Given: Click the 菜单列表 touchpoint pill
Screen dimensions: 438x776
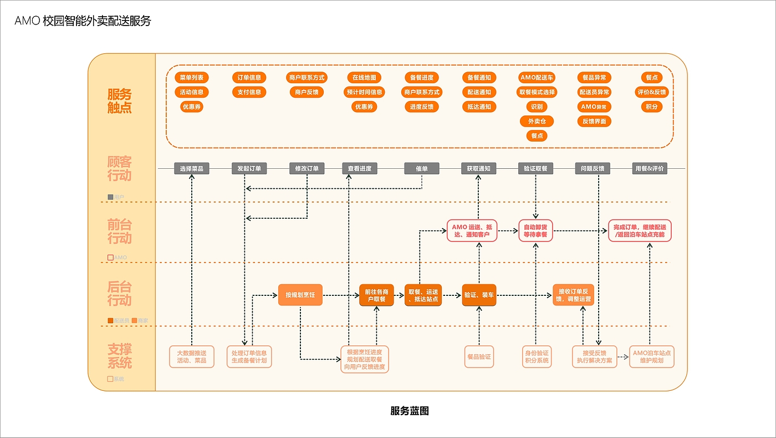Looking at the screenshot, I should tap(192, 77).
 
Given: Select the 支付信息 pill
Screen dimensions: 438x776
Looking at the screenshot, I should tap(249, 92).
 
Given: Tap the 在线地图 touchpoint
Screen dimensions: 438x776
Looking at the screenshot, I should tap(364, 77).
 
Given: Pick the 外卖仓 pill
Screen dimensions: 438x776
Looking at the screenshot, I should tap(537, 121).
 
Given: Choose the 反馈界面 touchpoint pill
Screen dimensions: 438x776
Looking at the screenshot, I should tap(594, 121).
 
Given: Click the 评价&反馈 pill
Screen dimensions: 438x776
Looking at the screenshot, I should tap(651, 92).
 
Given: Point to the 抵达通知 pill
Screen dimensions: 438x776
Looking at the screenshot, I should tap(479, 107).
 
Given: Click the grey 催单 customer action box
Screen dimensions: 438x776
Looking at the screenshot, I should tap(422, 168).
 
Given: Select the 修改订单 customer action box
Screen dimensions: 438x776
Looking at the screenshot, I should tap(307, 168).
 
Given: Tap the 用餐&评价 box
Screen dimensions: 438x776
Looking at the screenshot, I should tap(650, 168).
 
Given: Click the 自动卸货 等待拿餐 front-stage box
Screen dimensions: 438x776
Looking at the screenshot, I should tap(535, 230).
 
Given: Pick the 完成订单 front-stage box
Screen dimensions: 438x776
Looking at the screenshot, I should tap(640, 230).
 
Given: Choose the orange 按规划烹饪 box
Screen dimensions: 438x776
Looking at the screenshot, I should tap(300, 295).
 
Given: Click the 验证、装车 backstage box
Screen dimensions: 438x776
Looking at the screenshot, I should tap(479, 295).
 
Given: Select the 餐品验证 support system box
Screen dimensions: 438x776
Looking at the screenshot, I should tap(479, 356).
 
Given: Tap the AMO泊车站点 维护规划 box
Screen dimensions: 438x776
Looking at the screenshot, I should tap(652, 356).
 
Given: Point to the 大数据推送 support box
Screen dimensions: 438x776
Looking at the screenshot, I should tap(191, 356).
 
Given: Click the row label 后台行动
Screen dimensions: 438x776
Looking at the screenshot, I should tap(120, 294).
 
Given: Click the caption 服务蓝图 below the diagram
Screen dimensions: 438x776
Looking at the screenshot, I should tap(410, 411).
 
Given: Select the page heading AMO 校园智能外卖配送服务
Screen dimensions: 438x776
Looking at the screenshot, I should tap(83, 21).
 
